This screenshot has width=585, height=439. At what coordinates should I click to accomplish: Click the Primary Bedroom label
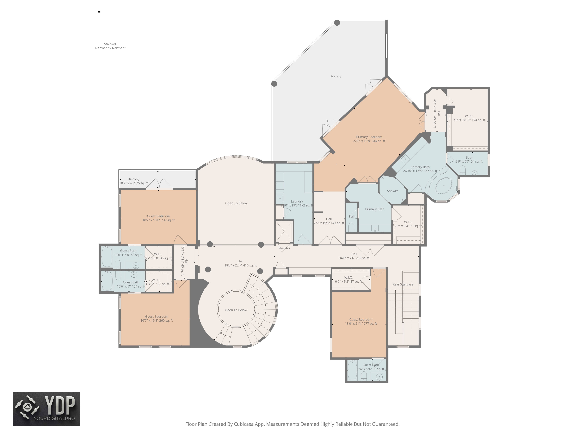[x=369, y=139]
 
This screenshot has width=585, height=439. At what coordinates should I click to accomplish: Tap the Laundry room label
[x=297, y=203]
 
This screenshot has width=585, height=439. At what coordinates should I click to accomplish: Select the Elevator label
[x=284, y=248]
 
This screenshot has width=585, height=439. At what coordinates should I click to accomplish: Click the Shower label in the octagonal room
[x=392, y=191]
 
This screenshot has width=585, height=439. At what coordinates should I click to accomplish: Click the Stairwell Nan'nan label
[x=110, y=46]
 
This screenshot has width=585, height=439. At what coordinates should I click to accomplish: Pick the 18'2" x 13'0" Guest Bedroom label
[x=158, y=218]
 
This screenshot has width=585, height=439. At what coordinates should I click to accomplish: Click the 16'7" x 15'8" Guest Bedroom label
[x=157, y=318]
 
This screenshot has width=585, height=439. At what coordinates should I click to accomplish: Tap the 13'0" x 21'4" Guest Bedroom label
[x=361, y=321]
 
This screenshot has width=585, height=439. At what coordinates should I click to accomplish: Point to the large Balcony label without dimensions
[x=335, y=76]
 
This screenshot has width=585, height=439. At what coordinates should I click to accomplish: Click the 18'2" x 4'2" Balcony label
[x=134, y=181]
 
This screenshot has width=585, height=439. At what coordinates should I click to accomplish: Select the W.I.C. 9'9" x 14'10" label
[x=469, y=118]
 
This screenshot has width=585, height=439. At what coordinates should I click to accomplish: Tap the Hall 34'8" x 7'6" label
[x=354, y=256]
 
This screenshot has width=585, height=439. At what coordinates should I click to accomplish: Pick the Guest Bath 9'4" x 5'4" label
[x=370, y=367]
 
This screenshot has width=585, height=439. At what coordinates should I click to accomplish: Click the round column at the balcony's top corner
[x=337, y=23]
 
